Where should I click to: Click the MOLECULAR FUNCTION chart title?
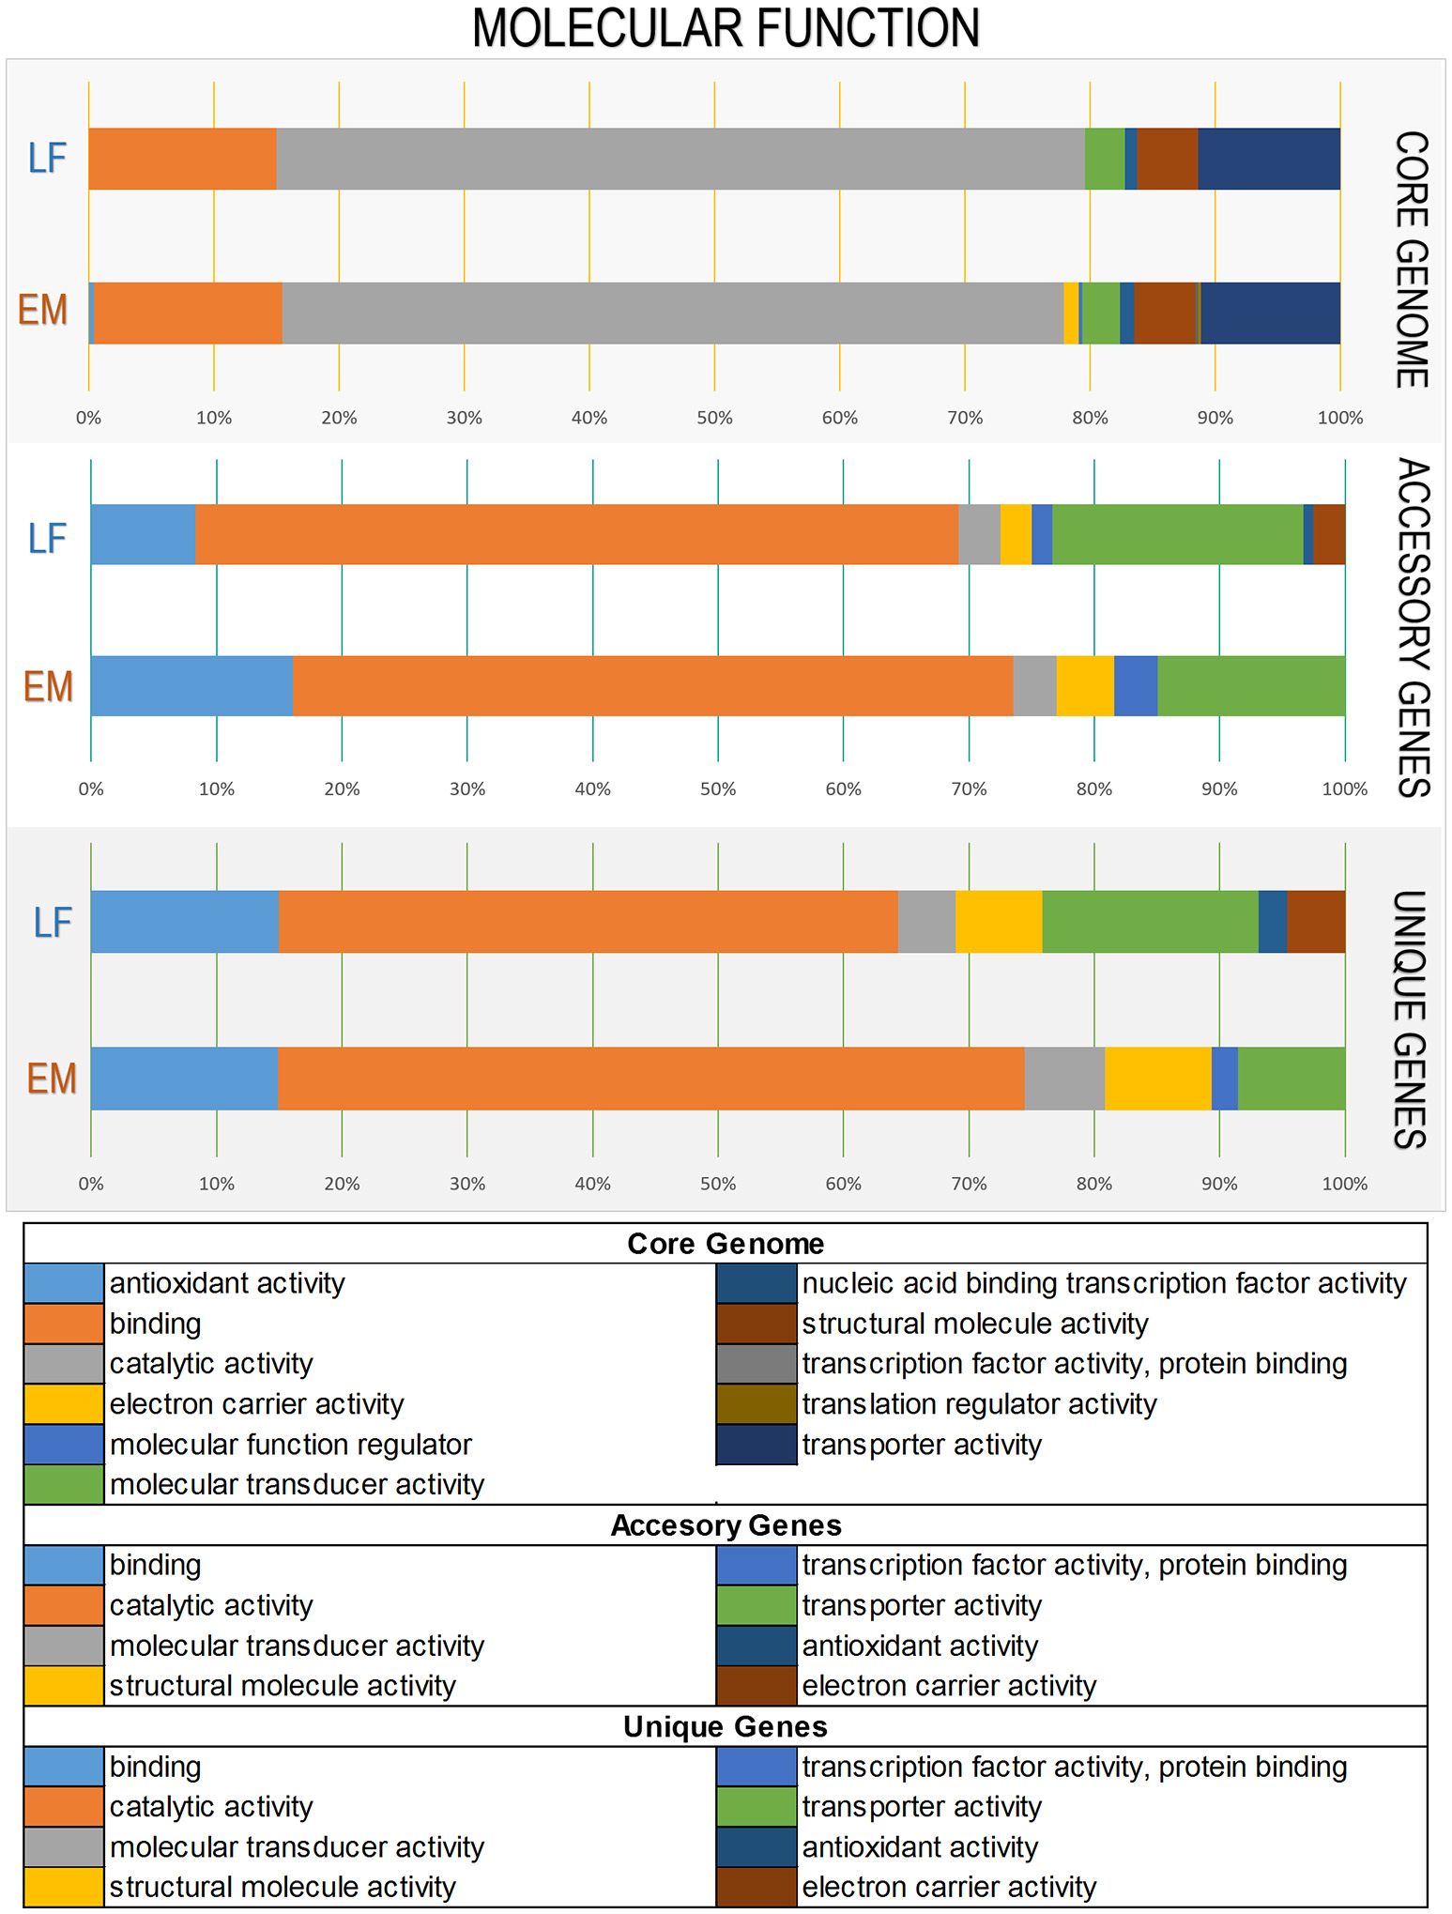[x=726, y=28]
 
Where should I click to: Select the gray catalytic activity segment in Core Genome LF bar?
[x=680, y=159]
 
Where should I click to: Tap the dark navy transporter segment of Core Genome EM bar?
[x=1270, y=313]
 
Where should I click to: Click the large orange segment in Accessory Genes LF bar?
[x=576, y=534]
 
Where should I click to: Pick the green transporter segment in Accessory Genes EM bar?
[x=1250, y=685]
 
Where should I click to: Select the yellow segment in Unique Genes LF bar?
[x=999, y=922]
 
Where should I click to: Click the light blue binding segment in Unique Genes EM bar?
[x=184, y=1078]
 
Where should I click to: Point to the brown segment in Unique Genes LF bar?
[x=1316, y=922]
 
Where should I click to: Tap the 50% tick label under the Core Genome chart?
[x=714, y=419]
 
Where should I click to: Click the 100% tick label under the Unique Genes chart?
[x=1344, y=1185]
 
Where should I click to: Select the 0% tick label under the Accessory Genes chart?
[x=91, y=789]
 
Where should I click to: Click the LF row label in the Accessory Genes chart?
[x=47, y=539]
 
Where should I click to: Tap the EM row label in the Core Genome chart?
[x=43, y=311]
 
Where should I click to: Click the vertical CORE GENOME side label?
[x=1412, y=259]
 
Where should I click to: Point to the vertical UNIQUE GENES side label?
[x=1410, y=1019]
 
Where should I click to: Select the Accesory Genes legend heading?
[x=726, y=1525]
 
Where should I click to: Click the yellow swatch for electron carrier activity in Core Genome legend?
[x=64, y=1404]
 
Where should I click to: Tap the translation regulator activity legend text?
[x=979, y=1404]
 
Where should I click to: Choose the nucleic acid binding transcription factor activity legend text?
[x=1104, y=1283]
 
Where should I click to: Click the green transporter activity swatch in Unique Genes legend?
[x=757, y=1807]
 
